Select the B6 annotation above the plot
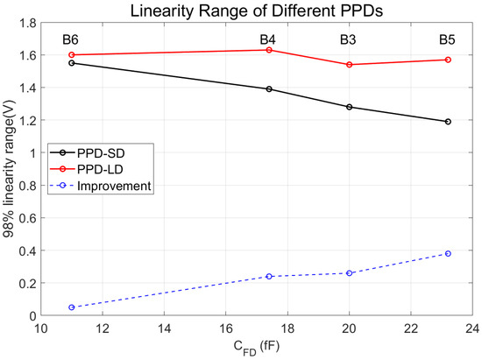pyautogui.click(x=70, y=40)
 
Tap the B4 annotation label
pyautogui.click(x=269, y=40)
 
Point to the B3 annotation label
pyautogui.click(x=349, y=40)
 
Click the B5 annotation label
pyautogui.click(x=448, y=40)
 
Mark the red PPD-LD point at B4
pyautogui.click(x=269, y=50)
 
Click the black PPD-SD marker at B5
pyautogui.click(x=448, y=122)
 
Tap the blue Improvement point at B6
pyautogui.click(x=70, y=307)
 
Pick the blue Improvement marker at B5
pyautogui.click(x=448, y=253)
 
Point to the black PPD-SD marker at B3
pyautogui.click(x=349, y=107)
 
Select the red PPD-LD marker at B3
pyautogui.click(x=349, y=65)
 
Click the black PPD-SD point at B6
pyautogui.click(x=70, y=63)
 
